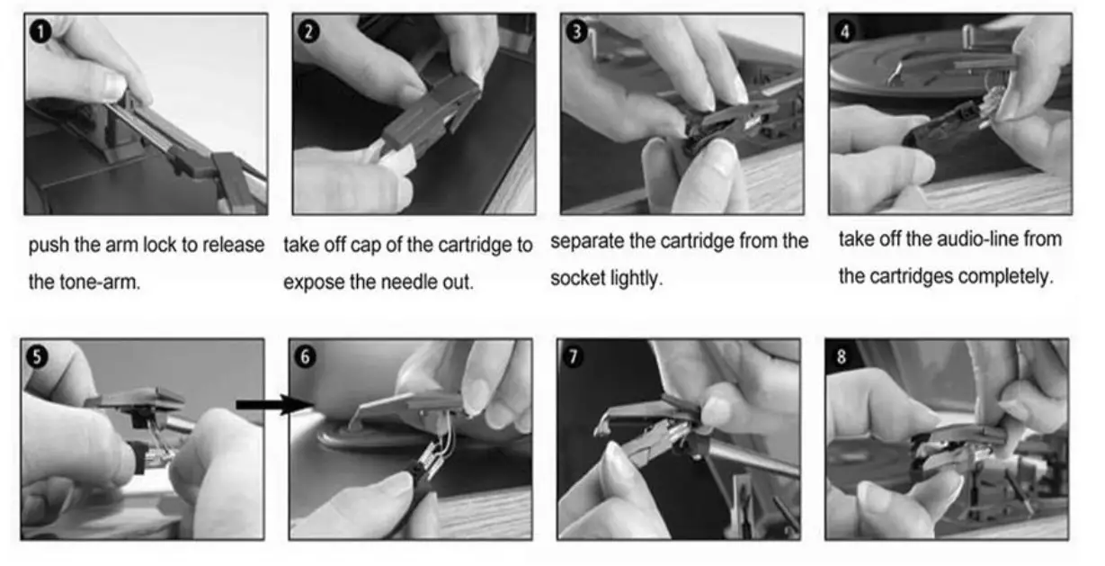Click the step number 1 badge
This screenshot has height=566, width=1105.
tap(40, 31)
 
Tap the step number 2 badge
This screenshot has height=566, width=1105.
tap(308, 31)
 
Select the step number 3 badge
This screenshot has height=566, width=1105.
tap(576, 31)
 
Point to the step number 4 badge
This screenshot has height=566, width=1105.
tap(845, 31)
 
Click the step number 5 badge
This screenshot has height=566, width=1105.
tap(38, 356)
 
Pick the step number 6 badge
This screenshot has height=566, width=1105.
tap(306, 356)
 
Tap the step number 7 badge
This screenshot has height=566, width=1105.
tap(574, 356)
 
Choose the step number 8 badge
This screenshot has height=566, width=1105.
tap(842, 356)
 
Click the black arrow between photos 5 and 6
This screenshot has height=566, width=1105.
tap(274, 405)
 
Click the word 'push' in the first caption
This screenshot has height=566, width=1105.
tap(49, 246)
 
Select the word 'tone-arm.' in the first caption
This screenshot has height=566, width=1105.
tap(100, 283)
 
